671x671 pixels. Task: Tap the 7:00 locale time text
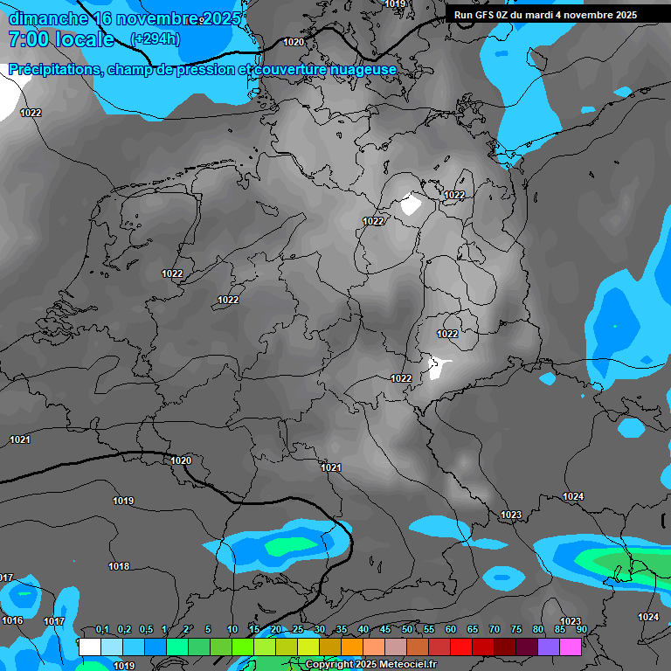coord(61,39)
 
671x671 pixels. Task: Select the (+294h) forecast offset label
coord(156,39)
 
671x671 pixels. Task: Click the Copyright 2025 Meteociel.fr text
coord(370,664)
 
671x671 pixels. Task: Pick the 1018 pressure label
coord(119,566)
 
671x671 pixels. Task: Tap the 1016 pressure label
coord(12,620)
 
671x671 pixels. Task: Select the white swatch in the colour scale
coord(90,647)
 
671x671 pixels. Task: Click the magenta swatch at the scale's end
coord(571,647)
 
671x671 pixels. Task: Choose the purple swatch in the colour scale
coord(549,647)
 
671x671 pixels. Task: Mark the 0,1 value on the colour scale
coord(102,630)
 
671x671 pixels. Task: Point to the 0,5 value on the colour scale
coord(145,630)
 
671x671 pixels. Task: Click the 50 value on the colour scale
coord(407,630)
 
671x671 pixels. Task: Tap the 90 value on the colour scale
coord(581,630)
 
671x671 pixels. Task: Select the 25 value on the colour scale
coord(298,630)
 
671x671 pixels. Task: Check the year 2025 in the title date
coord(221,18)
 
